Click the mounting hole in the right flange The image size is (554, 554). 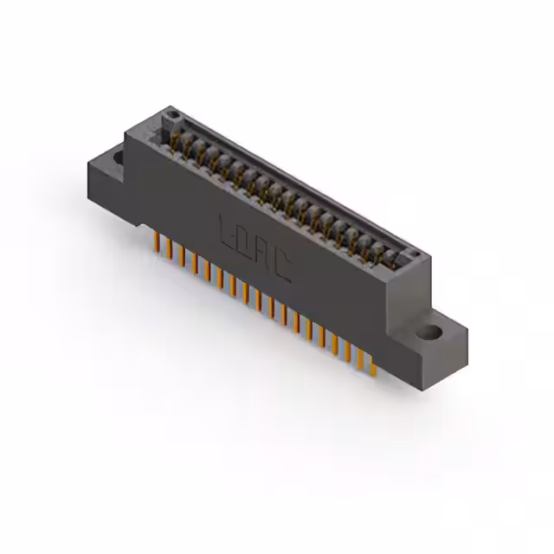[x=428, y=331]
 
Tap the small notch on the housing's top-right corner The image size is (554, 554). [x=416, y=254]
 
